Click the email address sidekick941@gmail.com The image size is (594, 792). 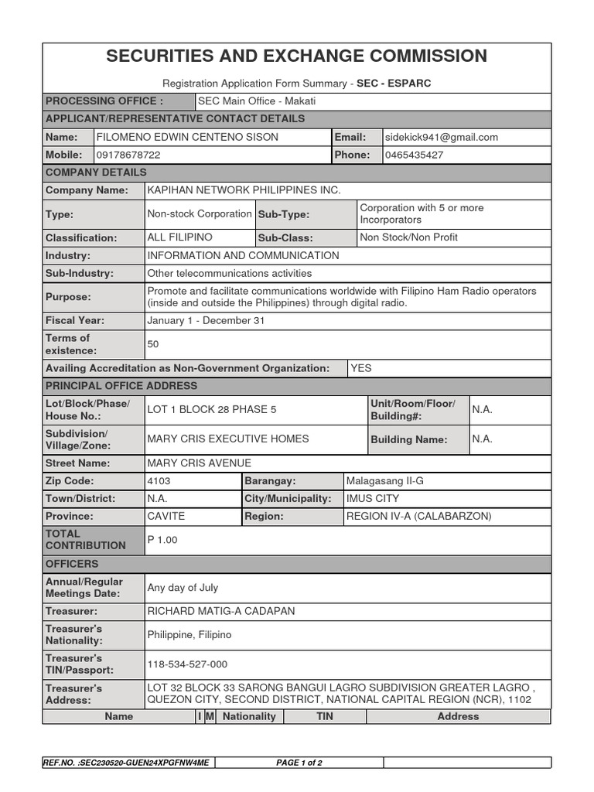(442, 138)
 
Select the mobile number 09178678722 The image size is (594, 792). (128, 155)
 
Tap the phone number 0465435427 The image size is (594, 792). (415, 155)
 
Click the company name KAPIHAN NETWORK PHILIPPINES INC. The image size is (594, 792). (244, 190)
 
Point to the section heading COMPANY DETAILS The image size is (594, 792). (96, 172)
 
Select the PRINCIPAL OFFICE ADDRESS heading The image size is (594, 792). (121, 386)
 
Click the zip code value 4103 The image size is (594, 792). (159, 481)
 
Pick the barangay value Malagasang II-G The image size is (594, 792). (385, 481)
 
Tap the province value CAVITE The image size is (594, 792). (166, 516)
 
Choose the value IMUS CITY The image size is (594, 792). (373, 499)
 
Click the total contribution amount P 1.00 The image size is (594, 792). (162, 540)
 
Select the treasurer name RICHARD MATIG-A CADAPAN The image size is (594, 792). (220, 611)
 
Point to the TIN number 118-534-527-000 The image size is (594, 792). (187, 664)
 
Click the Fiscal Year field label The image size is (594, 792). (75, 320)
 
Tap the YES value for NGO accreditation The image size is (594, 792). (361, 368)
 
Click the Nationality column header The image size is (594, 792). (249, 717)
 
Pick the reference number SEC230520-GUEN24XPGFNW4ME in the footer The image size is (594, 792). (128, 763)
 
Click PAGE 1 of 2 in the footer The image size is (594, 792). (299, 763)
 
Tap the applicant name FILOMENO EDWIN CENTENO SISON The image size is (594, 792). (186, 138)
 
